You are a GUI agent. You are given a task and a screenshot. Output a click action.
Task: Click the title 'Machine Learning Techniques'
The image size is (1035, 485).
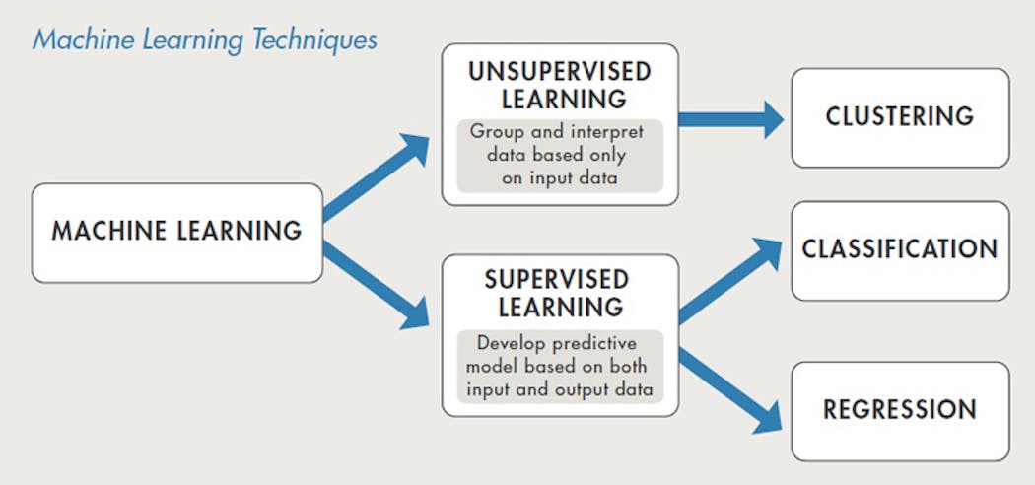tap(204, 39)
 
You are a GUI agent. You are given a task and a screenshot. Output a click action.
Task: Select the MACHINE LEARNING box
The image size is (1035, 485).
tap(176, 233)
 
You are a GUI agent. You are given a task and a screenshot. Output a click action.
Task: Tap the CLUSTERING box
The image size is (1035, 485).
tap(899, 117)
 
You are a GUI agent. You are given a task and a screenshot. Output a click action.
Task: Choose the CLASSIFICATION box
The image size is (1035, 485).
tap(899, 250)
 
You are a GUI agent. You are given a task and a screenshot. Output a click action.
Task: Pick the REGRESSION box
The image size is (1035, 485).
tap(899, 410)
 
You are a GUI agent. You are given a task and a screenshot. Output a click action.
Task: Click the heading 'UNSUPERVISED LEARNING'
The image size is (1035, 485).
tap(560, 86)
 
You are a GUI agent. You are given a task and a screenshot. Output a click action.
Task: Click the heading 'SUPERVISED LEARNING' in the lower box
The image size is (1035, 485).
tap(560, 293)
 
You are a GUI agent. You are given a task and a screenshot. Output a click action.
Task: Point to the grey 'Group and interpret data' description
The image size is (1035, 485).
tap(560, 156)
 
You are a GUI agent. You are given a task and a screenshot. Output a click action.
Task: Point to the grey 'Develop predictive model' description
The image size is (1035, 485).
tap(560, 366)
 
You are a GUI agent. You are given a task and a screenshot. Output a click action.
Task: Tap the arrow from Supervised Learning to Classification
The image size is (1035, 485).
tap(730, 281)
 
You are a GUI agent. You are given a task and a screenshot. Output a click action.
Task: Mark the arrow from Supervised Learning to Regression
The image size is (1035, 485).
tap(730, 390)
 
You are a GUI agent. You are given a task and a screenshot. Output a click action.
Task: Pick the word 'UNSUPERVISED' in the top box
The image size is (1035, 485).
tap(560, 73)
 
